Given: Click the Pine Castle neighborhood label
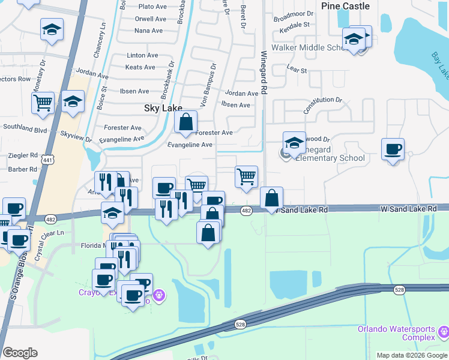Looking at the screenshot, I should pos(345,6).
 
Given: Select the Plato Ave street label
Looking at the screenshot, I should pos(152,7).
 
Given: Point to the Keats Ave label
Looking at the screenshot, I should pos(140,67).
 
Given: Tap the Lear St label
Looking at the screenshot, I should pos(297,70).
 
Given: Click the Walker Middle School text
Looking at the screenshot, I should pos(307,47).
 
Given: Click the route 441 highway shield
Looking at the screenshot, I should pos(47,160).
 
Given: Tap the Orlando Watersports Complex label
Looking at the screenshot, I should pos(397,333).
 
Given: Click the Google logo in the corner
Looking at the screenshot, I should pos(20,353).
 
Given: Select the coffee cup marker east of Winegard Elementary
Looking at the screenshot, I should pos(393,150).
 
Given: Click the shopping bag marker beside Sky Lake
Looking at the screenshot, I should pos(186,122).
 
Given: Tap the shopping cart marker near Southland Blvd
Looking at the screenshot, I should pos(43,103).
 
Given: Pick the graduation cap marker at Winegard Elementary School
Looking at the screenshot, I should pos(294,143).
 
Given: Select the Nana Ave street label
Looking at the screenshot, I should pos(149,31).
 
